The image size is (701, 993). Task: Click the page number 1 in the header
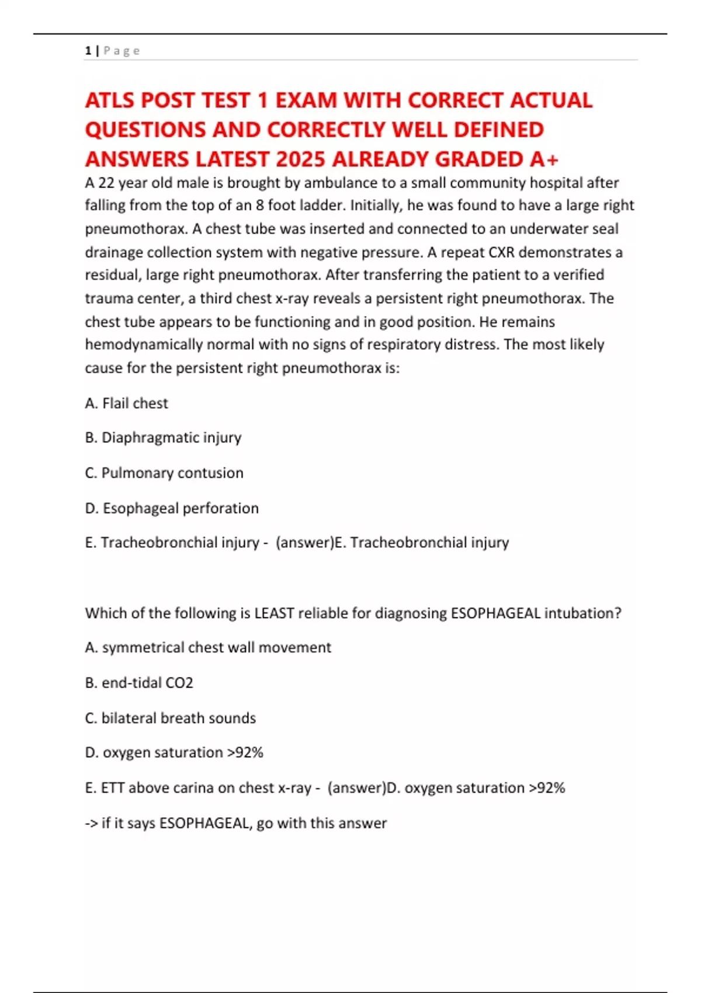[88, 51]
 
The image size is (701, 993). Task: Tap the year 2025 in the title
[300, 159]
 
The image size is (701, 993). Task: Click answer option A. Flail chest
[126, 403]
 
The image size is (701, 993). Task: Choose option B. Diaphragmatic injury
[163, 438]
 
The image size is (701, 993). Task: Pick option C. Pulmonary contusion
[164, 473]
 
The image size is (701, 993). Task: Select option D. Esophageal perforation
[172, 508]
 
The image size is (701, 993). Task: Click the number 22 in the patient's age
[106, 183]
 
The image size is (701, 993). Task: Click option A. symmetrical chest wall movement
[208, 647]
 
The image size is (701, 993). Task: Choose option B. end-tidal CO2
[139, 682]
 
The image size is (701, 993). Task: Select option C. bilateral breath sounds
[170, 718]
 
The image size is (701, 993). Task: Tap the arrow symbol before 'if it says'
[91, 823]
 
